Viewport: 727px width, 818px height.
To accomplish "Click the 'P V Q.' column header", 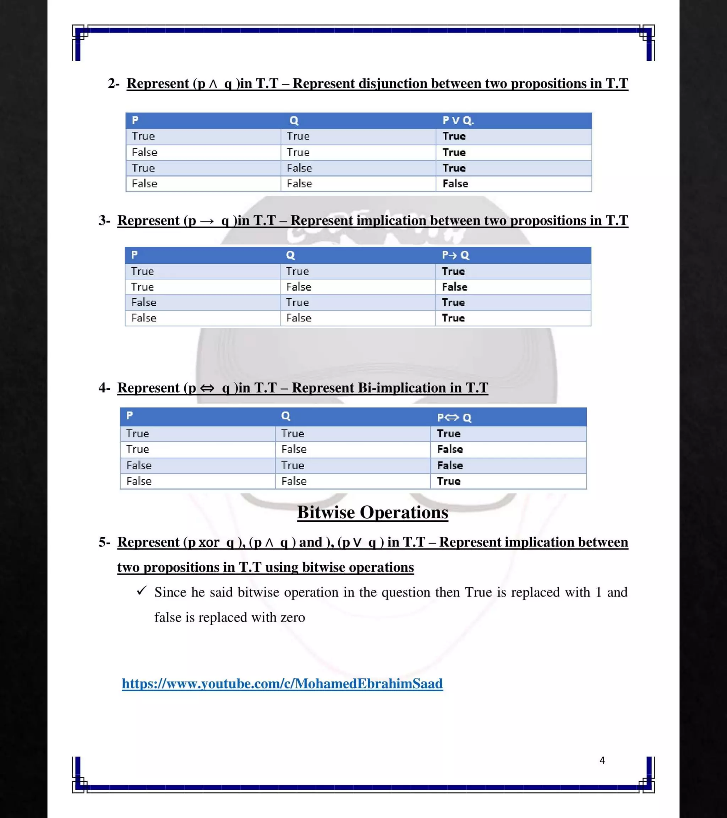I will pos(458,120).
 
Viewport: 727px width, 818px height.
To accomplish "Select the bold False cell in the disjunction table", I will pos(455,184).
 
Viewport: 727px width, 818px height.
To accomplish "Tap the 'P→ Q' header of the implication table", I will pos(455,255).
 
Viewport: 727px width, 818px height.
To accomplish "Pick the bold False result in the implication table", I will pos(454,287).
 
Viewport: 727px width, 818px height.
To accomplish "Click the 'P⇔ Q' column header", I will pos(454,418).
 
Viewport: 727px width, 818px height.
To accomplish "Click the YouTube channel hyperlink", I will pos(282,683).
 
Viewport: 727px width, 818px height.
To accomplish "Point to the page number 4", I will pos(602,760).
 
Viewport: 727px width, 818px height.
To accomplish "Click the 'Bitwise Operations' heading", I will pos(372,513).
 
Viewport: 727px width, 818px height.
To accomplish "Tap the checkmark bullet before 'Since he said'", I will pos(142,591).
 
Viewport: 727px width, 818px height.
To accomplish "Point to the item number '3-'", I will pos(104,220).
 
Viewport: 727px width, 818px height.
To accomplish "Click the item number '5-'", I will pos(104,542).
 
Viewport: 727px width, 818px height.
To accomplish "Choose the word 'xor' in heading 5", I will pos(209,542).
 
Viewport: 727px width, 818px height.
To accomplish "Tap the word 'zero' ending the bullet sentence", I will pos(293,617).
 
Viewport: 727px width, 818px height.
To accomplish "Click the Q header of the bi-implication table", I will pos(285,416).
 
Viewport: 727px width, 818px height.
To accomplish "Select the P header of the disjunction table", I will pos(135,120).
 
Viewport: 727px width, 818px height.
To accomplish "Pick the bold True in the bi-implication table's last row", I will pos(449,481).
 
